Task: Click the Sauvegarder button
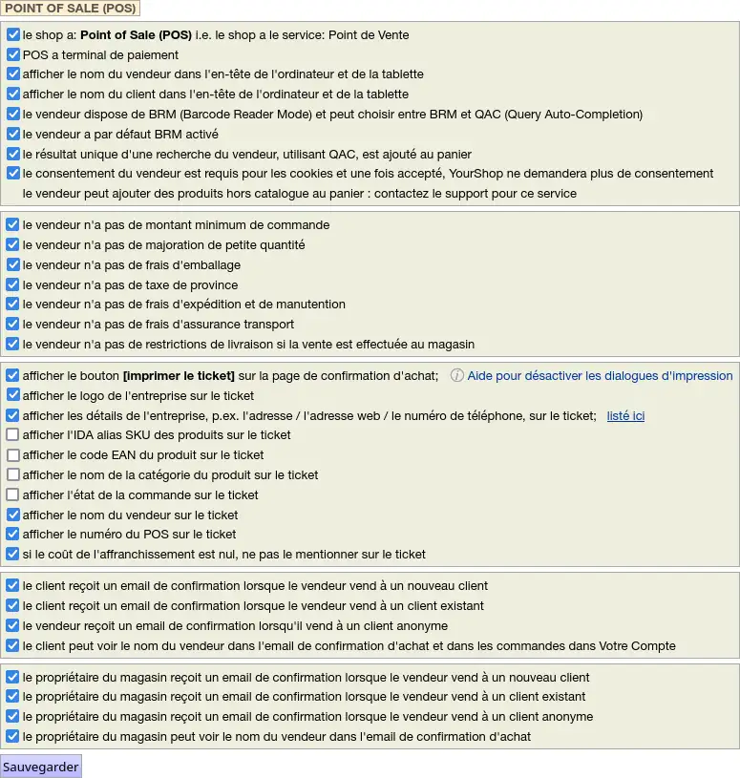[x=41, y=767]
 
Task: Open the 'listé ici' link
[x=625, y=415]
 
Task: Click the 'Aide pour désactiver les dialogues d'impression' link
[x=600, y=375]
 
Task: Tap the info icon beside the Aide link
[x=456, y=375]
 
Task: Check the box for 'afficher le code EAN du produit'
[x=13, y=455]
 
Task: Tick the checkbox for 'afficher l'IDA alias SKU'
[x=13, y=435]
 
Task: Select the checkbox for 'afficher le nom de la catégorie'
[x=13, y=475]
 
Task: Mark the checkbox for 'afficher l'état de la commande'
[x=13, y=495]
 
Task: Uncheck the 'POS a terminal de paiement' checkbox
[x=13, y=54]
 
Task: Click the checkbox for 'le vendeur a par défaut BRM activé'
[x=13, y=135]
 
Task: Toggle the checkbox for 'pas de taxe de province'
[x=13, y=284]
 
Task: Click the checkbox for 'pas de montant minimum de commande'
[x=13, y=225]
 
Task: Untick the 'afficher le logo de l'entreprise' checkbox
[x=13, y=395]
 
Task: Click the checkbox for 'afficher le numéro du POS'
[x=13, y=535]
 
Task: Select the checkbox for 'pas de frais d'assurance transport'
[x=13, y=325]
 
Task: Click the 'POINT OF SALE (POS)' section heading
[x=71, y=9]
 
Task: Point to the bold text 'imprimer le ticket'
[x=179, y=375]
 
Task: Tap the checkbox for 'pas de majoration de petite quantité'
[x=13, y=245]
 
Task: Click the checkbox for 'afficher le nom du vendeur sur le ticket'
[x=13, y=515]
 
